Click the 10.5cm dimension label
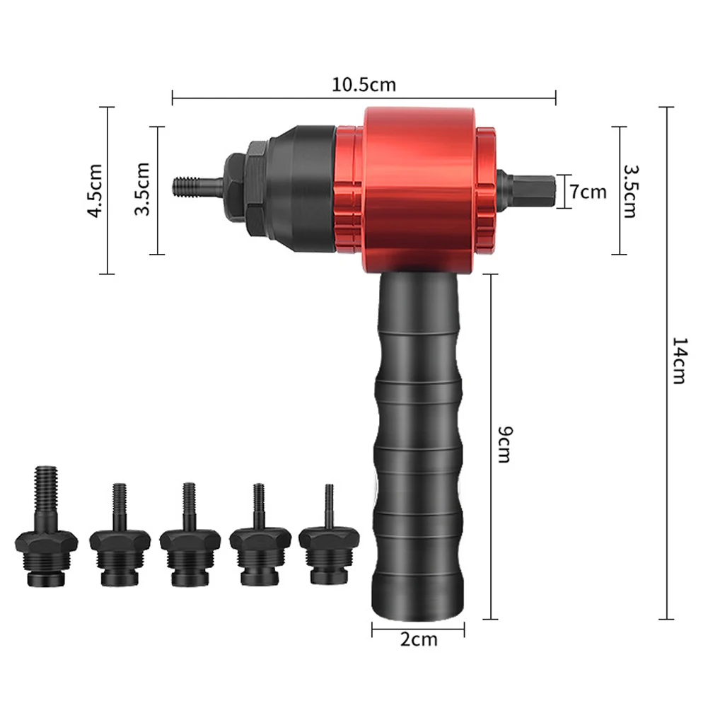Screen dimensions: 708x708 [364, 84]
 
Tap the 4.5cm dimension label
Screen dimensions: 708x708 [95, 190]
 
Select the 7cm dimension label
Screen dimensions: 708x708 [588, 192]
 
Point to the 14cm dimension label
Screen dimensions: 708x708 [680, 360]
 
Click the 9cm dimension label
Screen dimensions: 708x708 [505, 444]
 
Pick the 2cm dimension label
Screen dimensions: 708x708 [419, 639]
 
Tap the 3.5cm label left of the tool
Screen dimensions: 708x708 [143, 189]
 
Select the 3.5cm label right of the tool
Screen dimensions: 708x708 [630, 192]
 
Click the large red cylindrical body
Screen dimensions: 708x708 [419, 190]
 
